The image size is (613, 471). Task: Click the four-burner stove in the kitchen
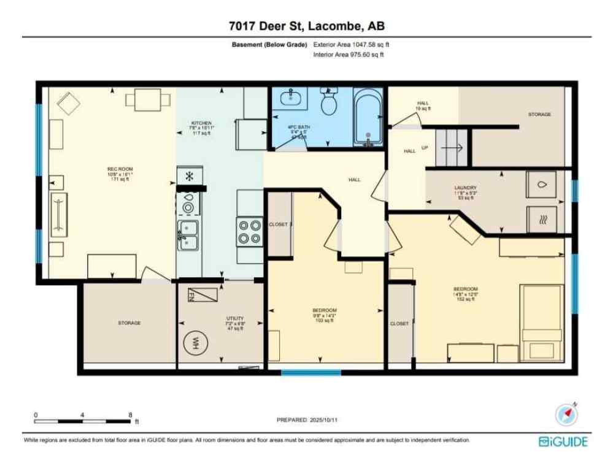click(250, 232)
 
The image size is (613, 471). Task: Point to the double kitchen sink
click(188, 235)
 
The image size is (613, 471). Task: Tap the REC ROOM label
click(120, 169)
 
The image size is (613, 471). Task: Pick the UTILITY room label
click(235, 318)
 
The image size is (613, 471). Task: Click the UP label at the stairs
click(425, 148)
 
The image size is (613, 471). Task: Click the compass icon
click(566, 415)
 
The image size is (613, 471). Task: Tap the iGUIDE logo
click(563, 442)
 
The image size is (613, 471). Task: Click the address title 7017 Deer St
click(306, 26)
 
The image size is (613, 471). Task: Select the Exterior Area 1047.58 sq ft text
click(351, 45)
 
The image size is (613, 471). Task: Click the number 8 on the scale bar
click(130, 415)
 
